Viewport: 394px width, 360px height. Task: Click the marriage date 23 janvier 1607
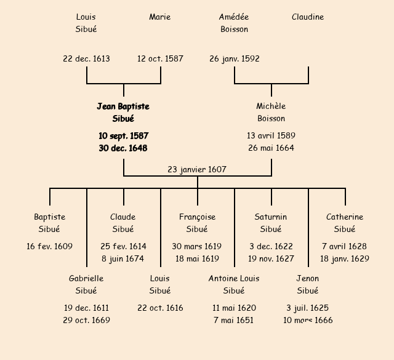tap(197, 169)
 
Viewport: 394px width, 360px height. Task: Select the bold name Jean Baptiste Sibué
tap(123, 113)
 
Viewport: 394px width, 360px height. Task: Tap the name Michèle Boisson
tap(271, 113)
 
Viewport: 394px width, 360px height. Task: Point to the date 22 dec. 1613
tap(86, 59)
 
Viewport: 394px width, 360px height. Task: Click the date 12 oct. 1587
tap(160, 59)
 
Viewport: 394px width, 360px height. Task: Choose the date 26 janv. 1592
tap(234, 59)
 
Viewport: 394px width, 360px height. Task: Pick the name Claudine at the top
tap(308, 17)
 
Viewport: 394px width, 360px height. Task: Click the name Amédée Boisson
tap(234, 23)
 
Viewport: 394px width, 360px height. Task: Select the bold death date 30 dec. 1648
tap(123, 148)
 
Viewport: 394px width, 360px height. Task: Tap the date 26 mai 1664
tap(271, 148)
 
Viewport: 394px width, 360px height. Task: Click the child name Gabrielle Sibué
tap(86, 285)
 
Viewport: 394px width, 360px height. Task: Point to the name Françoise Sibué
tap(197, 223)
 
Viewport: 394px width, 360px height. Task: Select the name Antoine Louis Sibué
tap(234, 285)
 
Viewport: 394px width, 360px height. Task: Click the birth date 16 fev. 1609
tap(49, 247)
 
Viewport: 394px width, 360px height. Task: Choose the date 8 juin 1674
tap(123, 259)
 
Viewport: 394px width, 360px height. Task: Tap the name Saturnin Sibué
tap(271, 223)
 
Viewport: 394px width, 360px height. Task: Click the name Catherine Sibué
tap(345, 223)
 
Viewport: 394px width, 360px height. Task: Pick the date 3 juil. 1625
tap(308, 308)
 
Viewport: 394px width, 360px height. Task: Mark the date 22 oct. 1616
tap(160, 308)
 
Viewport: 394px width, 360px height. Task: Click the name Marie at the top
tap(160, 17)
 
